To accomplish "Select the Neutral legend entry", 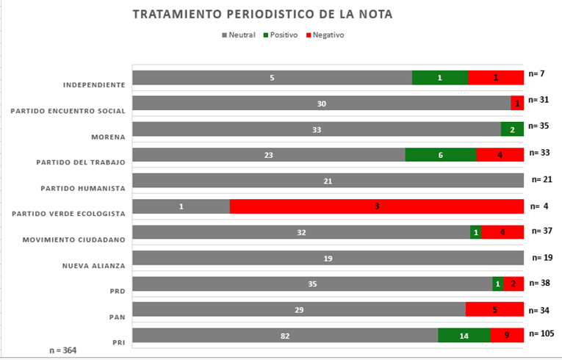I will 239,35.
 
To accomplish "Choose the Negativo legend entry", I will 324,35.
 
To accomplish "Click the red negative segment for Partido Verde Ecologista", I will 376,206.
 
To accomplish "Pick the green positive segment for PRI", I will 464,335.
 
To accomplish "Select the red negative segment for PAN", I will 494,309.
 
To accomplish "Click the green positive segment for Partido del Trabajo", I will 441,155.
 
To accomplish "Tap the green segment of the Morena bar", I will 512,129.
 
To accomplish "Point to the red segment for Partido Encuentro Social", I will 517,104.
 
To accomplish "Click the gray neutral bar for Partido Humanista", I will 328,181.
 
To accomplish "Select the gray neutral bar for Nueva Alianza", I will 328,258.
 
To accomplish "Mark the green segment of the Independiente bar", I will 440,78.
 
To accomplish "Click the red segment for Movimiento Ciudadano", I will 502,232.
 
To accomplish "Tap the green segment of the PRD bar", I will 497,284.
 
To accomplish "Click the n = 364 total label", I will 62,350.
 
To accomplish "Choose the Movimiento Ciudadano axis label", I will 73,240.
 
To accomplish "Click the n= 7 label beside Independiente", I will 536,73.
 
